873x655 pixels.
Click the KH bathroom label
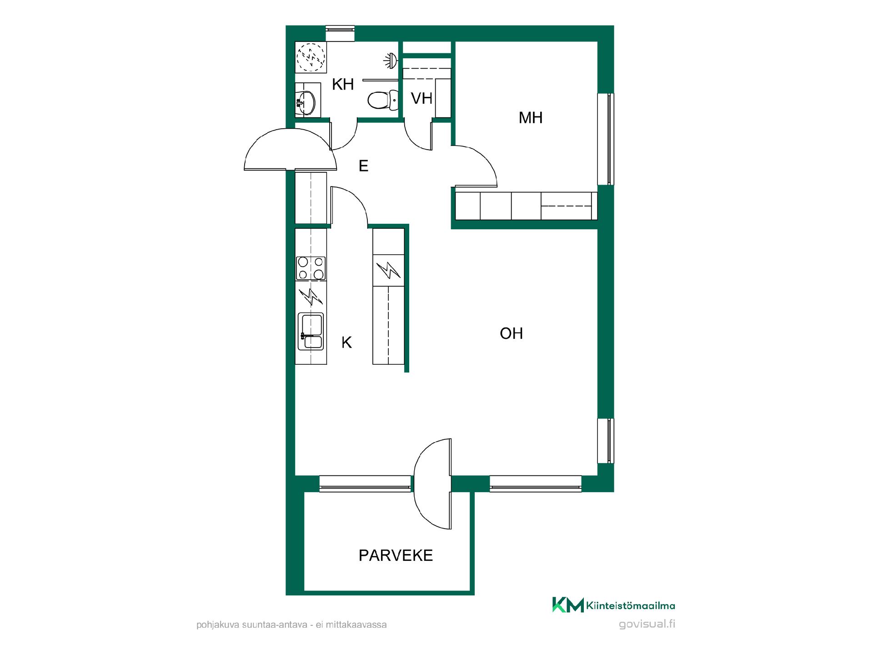pyautogui.click(x=343, y=84)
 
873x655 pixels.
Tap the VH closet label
pyautogui.click(x=421, y=98)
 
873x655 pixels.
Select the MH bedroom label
pyautogui.click(x=531, y=118)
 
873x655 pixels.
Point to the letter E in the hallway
pyautogui.click(x=363, y=166)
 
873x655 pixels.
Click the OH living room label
pyautogui.click(x=512, y=333)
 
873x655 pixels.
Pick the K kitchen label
pyautogui.click(x=346, y=343)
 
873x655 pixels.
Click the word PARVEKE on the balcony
pyautogui.click(x=396, y=555)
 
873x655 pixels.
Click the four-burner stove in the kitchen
pyautogui.click(x=311, y=268)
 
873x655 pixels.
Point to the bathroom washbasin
pyautogui.click(x=306, y=102)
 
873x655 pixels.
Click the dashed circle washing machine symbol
pyautogui.click(x=311, y=57)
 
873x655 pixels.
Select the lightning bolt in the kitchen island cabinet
pyautogui.click(x=388, y=270)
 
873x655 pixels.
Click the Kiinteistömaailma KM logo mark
pyautogui.click(x=568, y=605)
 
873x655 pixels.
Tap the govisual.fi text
pyautogui.click(x=647, y=624)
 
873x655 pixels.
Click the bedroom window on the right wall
pyautogui.click(x=606, y=139)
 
